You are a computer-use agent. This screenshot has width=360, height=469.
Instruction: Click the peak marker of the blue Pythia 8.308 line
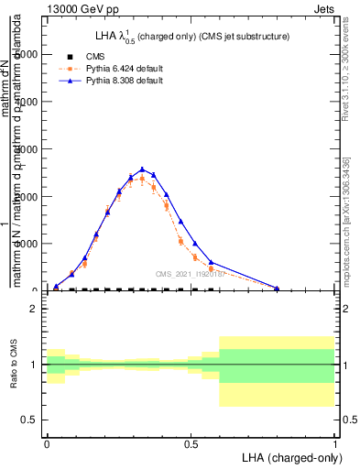[x=142, y=169]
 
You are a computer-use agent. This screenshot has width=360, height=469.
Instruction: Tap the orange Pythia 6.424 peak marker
[x=142, y=179]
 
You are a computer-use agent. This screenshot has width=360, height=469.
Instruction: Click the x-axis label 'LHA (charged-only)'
[x=286, y=456]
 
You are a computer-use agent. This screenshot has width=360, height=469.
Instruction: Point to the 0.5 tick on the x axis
[x=191, y=443]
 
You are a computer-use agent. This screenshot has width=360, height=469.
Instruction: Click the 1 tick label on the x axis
[x=335, y=443]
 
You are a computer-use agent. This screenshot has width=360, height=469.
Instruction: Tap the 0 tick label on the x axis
[x=47, y=443]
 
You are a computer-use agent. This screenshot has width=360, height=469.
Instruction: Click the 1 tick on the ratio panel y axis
[x=34, y=365]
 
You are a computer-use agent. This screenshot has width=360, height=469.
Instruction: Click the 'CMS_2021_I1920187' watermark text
[x=190, y=273]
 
